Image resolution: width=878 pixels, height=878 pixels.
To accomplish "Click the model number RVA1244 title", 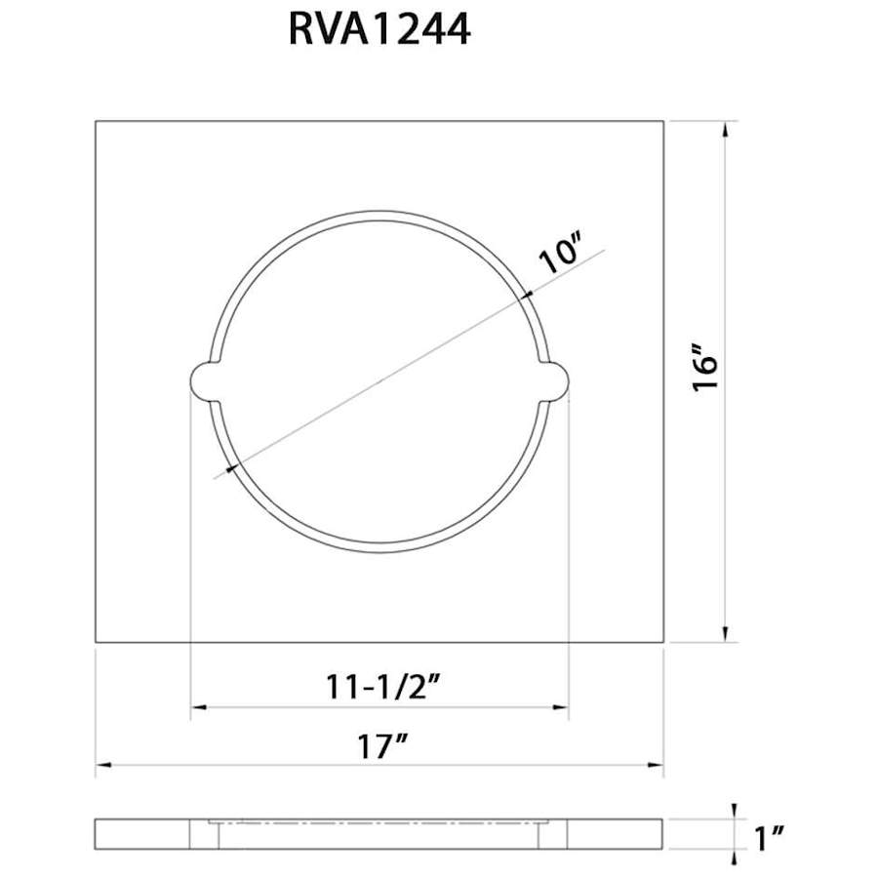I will (x=379, y=30).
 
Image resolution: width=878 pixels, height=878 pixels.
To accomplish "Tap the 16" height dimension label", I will (x=705, y=368).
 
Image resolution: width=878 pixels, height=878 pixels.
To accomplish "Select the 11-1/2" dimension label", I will (x=379, y=684).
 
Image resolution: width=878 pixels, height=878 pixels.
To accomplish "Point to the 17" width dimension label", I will (x=379, y=749).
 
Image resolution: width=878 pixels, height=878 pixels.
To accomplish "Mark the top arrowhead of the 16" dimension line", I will (x=725, y=128).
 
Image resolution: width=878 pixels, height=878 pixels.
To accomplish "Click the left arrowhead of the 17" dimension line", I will (x=102, y=767).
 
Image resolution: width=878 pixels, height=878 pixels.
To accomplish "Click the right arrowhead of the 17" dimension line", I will (x=657, y=767).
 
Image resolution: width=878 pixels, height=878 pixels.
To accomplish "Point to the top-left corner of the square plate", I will (x=96, y=121).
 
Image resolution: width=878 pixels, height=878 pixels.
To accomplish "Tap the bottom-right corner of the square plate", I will (x=663, y=642).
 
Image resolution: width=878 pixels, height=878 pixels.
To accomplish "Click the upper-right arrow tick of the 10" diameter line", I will (x=528, y=294).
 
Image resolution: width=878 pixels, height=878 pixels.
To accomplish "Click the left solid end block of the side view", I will (x=141, y=835).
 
